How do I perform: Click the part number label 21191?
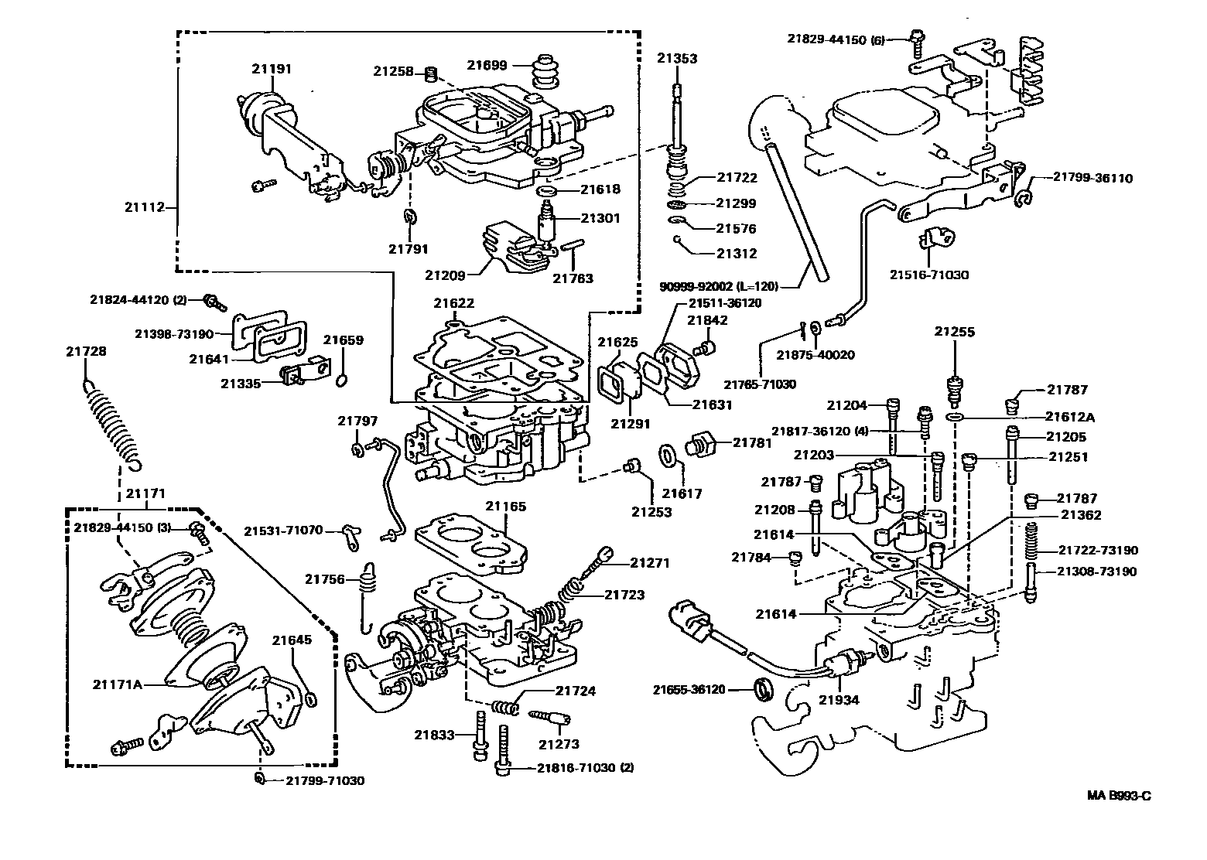271,68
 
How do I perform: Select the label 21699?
487,65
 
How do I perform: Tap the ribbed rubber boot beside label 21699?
546,73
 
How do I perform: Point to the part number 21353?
677,58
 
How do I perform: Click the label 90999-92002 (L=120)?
717,286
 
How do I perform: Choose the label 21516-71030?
928,275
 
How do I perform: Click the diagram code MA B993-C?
1118,795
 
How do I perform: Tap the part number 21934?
839,701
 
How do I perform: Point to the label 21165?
506,507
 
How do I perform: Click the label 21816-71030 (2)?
573,768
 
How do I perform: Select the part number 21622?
453,303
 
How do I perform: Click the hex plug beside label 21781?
699,445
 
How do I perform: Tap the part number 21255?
954,332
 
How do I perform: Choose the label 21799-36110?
1092,178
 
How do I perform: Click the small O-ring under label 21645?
311,699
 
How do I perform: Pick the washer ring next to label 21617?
667,456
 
